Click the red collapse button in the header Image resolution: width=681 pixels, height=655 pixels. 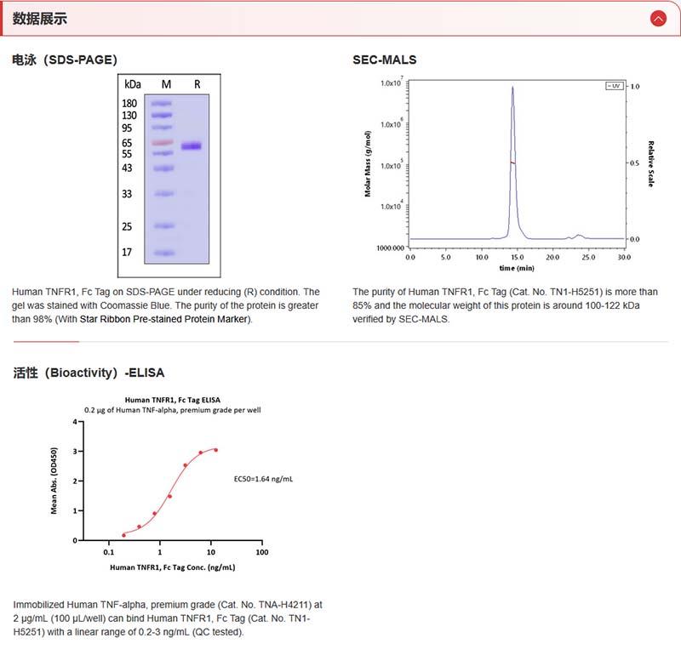657,18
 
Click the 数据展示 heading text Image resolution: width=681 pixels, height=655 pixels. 39,19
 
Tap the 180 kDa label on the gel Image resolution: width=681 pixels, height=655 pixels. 129,103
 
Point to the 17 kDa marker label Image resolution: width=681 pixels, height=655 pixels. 128,253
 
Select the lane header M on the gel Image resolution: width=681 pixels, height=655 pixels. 166,84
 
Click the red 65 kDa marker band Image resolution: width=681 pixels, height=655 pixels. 163,143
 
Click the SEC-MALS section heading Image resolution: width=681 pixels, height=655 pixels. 385,60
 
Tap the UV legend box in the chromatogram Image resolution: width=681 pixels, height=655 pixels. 614,86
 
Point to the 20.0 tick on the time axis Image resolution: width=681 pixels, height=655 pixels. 552,255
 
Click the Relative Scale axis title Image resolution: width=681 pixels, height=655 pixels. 650,164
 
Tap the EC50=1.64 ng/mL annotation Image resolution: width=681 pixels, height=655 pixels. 264,479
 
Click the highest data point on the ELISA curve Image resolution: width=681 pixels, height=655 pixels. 215,449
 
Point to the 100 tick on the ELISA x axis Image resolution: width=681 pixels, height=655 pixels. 262,551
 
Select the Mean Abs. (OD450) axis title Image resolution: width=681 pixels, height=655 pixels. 54,481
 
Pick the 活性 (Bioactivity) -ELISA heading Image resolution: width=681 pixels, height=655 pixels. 89,373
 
